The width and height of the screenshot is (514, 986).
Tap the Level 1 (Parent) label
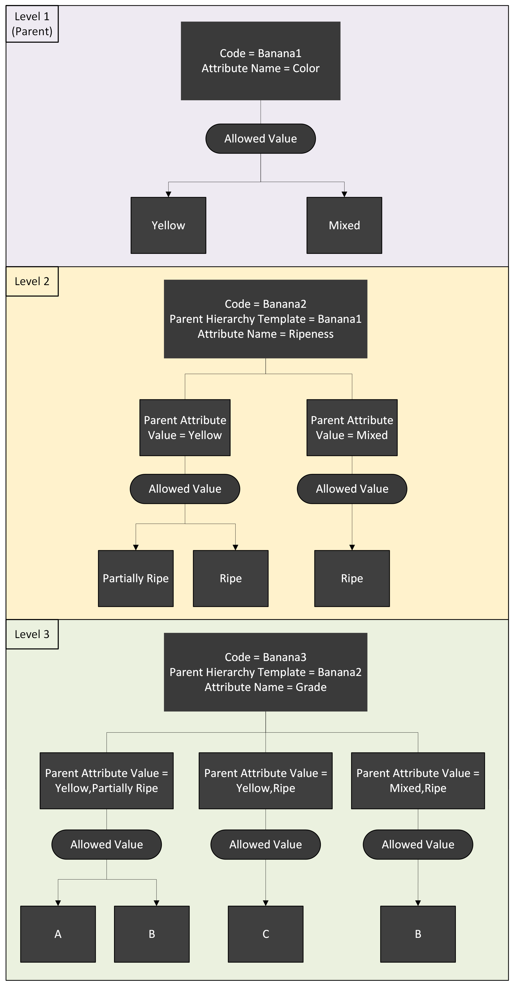(x=32, y=24)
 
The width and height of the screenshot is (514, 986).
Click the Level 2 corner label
(x=32, y=281)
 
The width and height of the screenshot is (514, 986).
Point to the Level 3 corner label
(x=32, y=634)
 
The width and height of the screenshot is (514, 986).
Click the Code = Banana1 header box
(x=260, y=61)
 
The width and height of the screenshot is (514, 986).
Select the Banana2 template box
(x=265, y=319)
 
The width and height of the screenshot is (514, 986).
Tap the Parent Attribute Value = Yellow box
(x=185, y=428)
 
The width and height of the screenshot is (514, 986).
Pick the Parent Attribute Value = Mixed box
(x=352, y=428)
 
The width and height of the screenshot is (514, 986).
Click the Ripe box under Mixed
(x=352, y=578)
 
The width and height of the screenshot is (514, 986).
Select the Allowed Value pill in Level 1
(x=260, y=139)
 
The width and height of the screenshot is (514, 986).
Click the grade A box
(x=58, y=934)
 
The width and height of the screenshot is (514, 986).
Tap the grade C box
(x=265, y=934)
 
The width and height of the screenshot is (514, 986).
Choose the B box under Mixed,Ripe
(x=418, y=934)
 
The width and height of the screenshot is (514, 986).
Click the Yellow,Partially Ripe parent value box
(x=107, y=780)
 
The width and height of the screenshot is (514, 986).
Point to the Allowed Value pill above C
(x=265, y=844)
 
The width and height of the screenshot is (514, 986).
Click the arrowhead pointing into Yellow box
(x=168, y=195)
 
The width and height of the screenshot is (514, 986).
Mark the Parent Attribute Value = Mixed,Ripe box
(x=418, y=780)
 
